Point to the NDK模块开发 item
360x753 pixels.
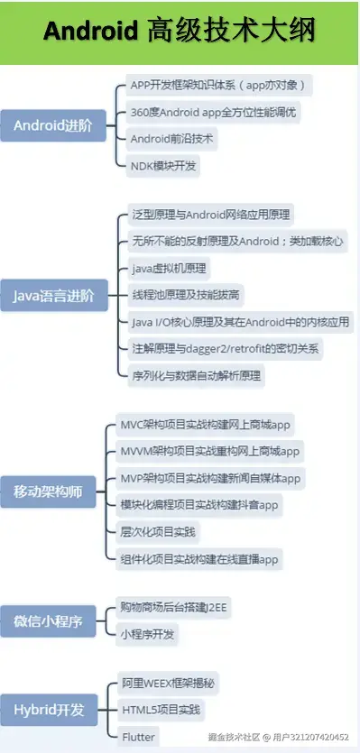pos(163,166)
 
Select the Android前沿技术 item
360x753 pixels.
pos(174,140)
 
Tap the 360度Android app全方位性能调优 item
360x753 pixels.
pos(214,113)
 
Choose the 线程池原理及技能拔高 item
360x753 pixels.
pos(186,295)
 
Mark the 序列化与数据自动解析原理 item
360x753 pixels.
pos(196,374)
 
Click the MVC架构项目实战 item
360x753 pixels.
pos(207,424)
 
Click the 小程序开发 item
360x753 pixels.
pos(150,634)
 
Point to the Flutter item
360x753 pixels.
pos(139,737)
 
